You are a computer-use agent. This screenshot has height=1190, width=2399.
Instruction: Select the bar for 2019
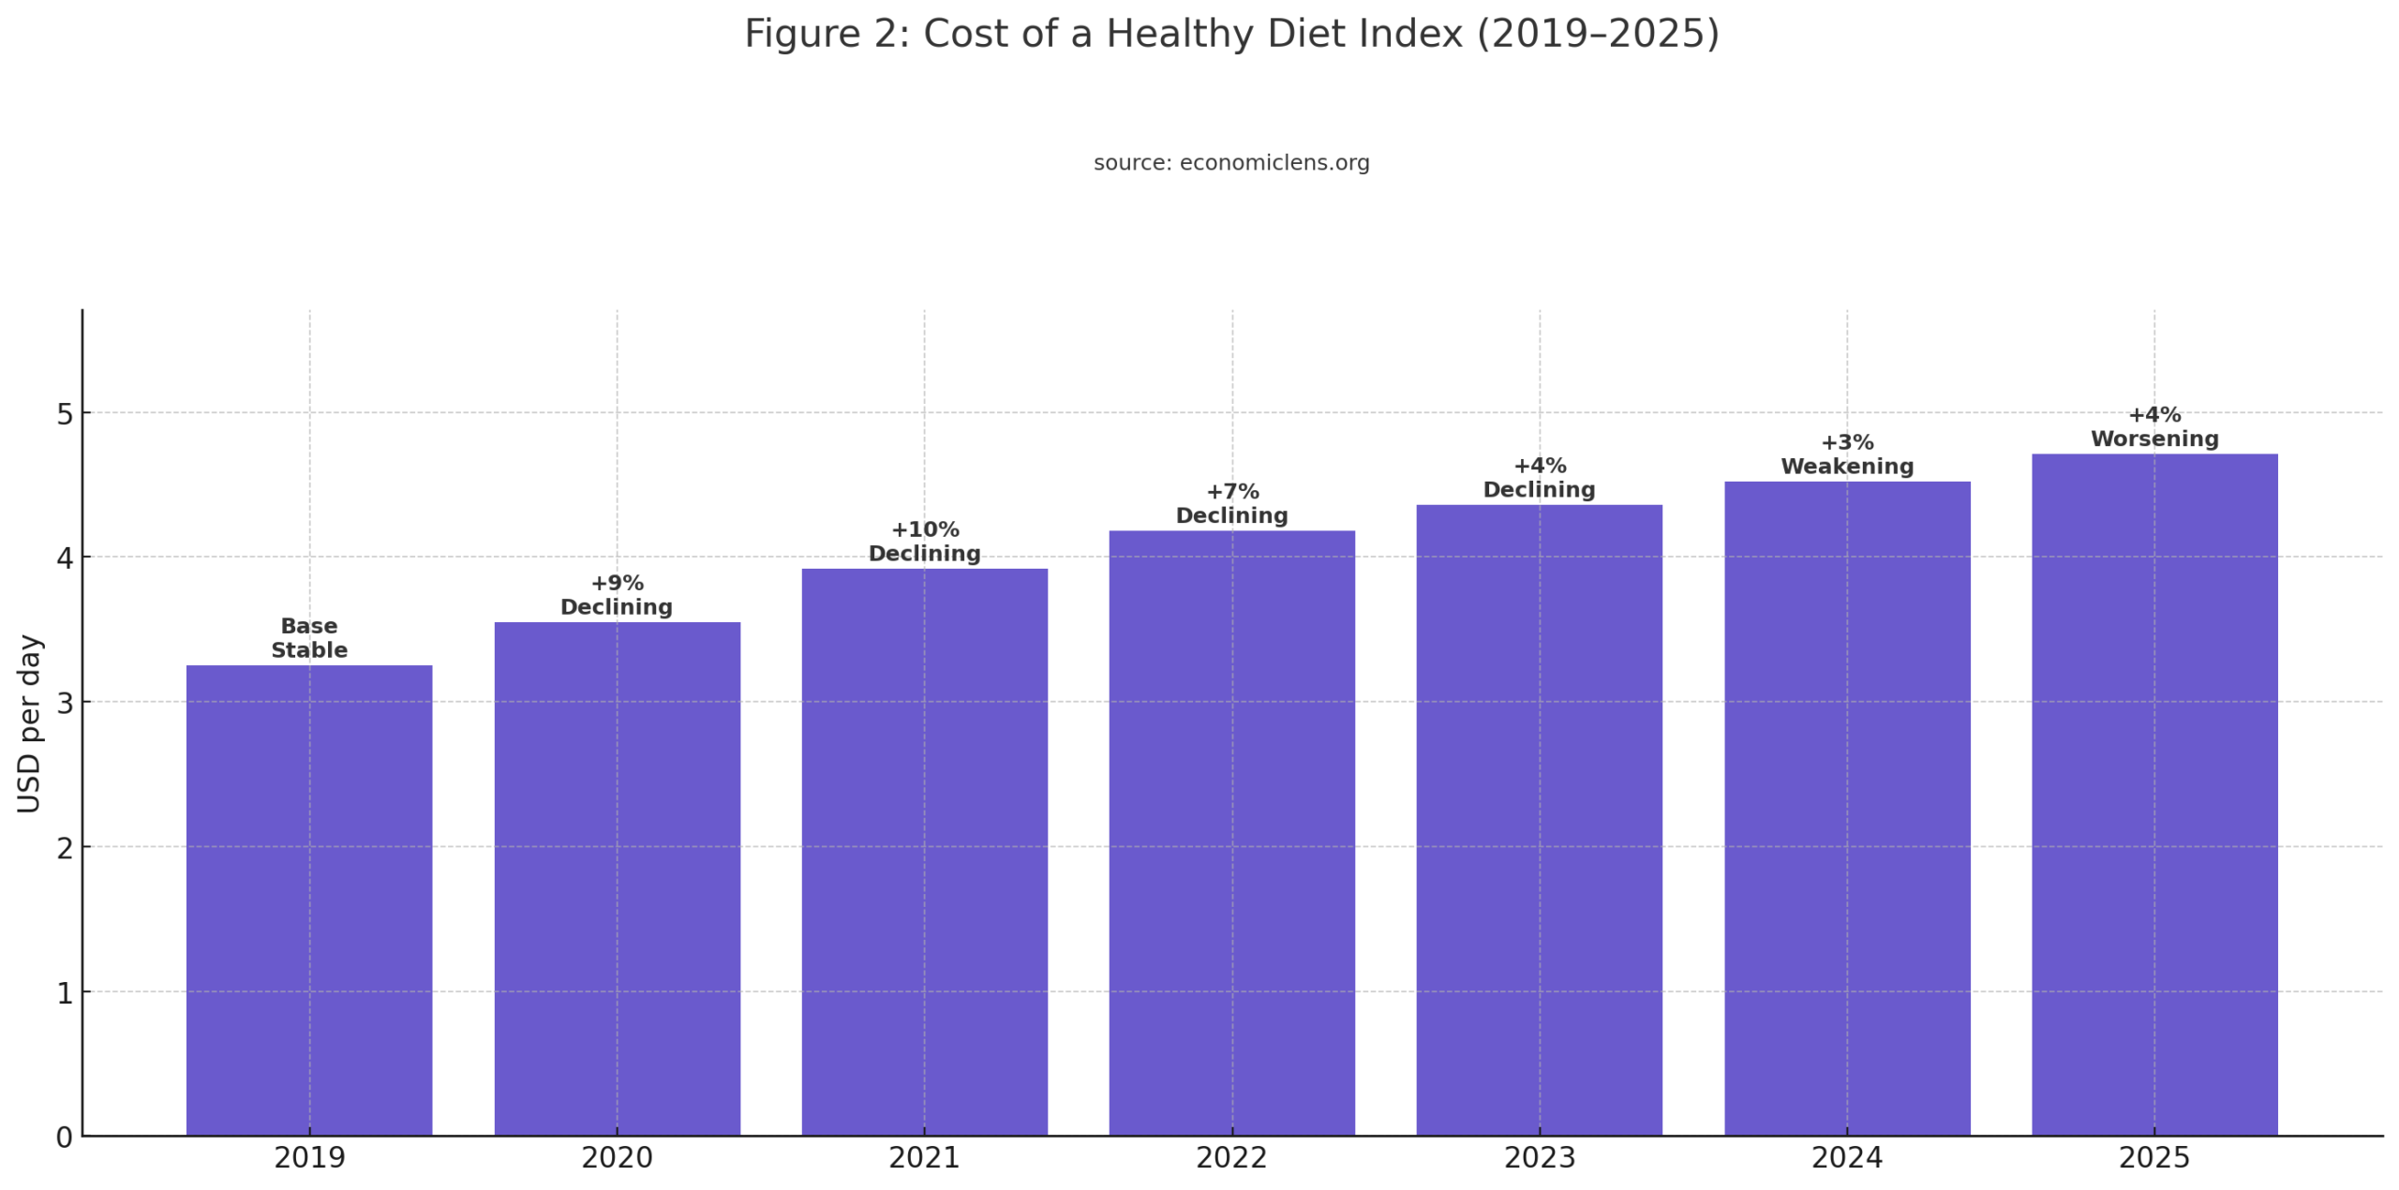click(309, 900)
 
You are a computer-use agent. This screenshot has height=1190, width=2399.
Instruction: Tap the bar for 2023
click(1539, 820)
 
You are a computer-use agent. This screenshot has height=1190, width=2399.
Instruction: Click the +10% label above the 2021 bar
click(924, 529)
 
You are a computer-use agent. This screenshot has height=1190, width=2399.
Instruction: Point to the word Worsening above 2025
click(2153, 439)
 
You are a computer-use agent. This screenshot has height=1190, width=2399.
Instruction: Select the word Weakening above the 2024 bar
click(1846, 467)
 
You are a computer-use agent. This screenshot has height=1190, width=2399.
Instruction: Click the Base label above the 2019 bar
click(309, 626)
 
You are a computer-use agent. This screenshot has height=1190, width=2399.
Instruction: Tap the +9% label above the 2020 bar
click(617, 583)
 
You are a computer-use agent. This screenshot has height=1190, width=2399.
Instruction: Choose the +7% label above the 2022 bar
click(1231, 492)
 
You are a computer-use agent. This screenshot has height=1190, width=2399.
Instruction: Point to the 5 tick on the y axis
click(65, 413)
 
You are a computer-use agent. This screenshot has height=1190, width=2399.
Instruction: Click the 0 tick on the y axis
click(65, 1137)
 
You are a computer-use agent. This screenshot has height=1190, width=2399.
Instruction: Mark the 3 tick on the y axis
click(65, 703)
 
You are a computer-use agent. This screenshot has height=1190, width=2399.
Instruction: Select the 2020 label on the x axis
click(617, 1158)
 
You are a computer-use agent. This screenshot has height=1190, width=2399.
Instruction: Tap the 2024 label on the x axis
click(1846, 1158)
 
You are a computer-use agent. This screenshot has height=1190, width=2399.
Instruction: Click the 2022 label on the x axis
click(1231, 1158)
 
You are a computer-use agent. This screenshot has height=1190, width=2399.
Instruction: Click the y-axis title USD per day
click(30, 723)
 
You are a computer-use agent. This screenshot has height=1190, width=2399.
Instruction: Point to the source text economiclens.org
click(1274, 163)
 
